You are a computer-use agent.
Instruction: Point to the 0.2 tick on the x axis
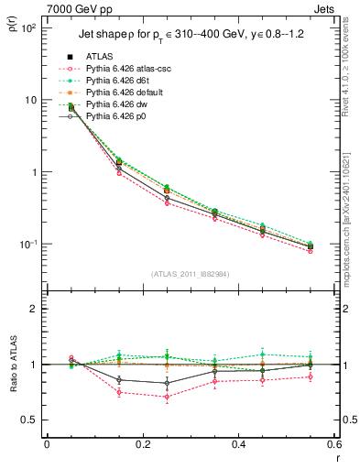tap(142, 444)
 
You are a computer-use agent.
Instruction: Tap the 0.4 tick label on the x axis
tap(237, 444)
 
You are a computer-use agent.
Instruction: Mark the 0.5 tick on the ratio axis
tap(32, 420)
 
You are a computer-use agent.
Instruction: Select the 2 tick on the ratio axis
tap(36, 310)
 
